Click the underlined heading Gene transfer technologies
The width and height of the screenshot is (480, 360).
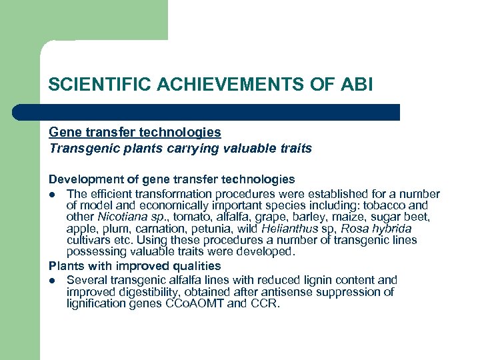pos(135,133)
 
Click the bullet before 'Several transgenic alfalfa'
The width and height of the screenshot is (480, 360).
pos(53,281)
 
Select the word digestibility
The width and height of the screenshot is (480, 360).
pos(147,292)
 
